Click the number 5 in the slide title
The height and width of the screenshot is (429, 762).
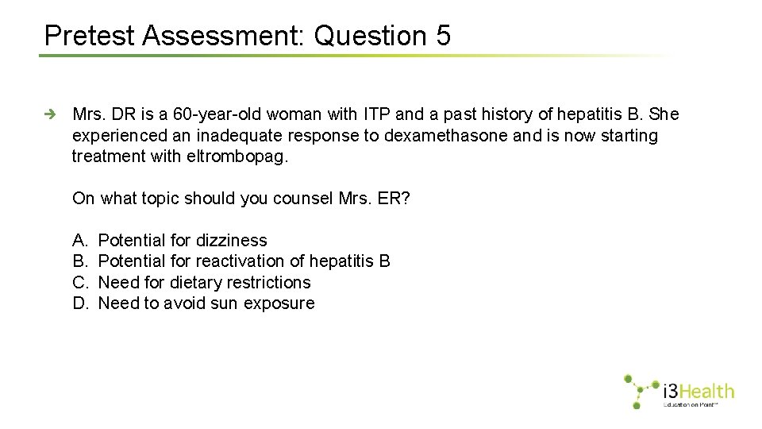pos(442,36)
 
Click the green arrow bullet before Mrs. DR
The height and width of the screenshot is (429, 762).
pos(50,114)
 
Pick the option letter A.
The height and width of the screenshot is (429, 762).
pos(79,240)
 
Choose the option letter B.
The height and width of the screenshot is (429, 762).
pos(79,261)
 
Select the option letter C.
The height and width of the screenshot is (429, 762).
pos(79,282)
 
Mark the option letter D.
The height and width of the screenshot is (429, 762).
pos(79,303)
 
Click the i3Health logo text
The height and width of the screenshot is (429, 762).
pos(698,391)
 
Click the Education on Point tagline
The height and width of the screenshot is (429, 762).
pos(691,405)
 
